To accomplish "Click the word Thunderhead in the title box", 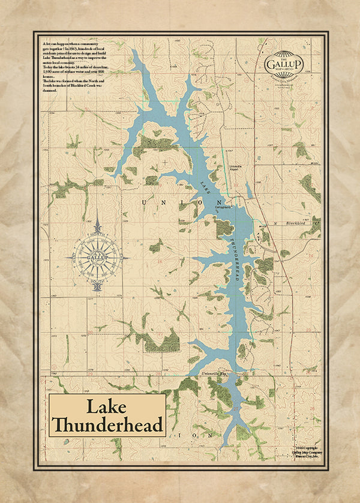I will click(x=107, y=425).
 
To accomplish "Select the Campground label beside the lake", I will click(x=224, y=207).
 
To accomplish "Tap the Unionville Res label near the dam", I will click(x=212, y=374).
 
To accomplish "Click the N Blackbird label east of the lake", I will click(x=286, y=223).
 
